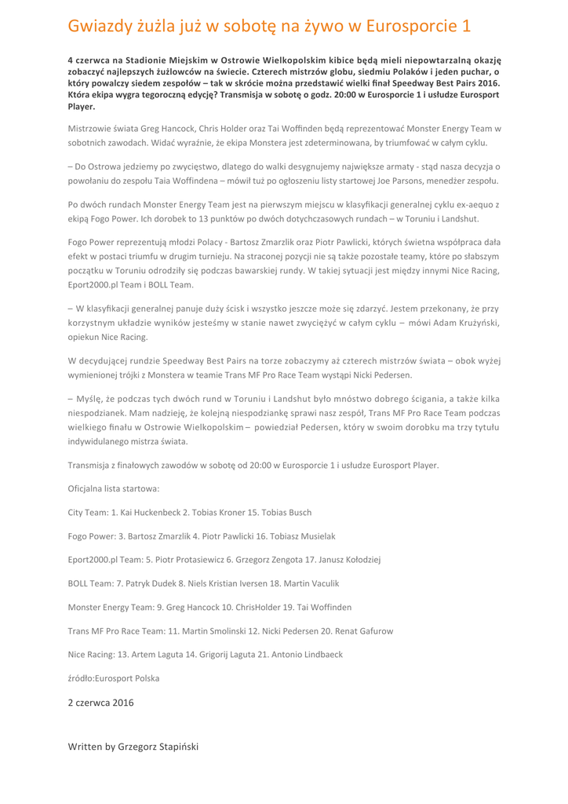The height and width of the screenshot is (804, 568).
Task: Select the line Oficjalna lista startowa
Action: [x=114, y=488]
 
